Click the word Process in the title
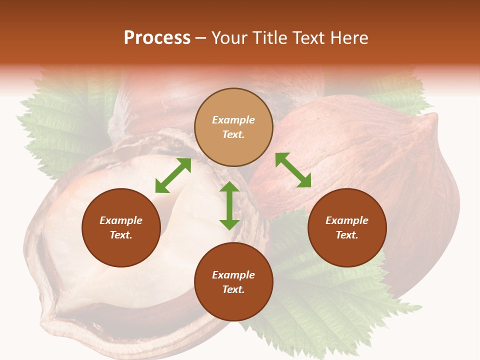point(157,38)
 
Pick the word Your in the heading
point(229,38)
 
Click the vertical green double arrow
point(229,205)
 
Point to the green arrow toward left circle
point(173,175)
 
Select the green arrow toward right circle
point(293,170)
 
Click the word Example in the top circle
point(233,120)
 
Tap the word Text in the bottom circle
point(233,289)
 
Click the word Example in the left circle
point(121,220)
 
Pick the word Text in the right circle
point(347,235)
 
